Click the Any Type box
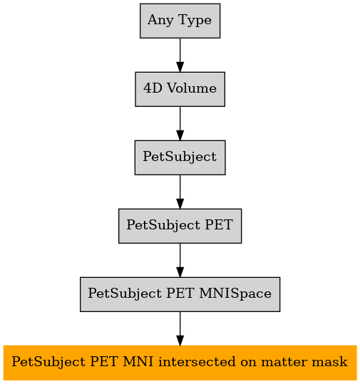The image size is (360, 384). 180,21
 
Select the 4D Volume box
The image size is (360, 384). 180,89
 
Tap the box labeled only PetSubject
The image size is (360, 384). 180,157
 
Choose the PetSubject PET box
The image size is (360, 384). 180,226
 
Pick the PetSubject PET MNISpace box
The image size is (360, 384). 180,294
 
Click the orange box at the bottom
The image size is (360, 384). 180,363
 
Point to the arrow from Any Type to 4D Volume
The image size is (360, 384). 180,55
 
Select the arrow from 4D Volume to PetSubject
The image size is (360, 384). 180,123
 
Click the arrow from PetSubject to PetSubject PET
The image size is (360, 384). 180,192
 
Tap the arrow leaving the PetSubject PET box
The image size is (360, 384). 180,260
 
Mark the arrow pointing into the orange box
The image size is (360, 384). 180,328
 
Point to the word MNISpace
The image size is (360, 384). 235,294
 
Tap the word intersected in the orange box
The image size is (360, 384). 197,362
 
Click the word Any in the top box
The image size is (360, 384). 161,21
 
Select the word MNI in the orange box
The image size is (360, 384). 138,362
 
